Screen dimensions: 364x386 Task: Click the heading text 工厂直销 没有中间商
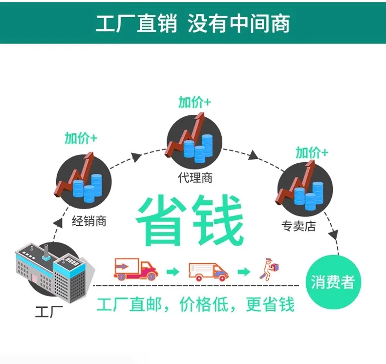pyautogui.click(x=193, y=23)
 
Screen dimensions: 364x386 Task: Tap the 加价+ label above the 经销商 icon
pyautogui.click(x=81, y=138)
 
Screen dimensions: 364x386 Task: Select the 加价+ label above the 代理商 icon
pyautogui.click(x=194, y=102)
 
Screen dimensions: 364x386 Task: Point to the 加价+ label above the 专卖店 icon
pyautogui.click(x=312, y=152)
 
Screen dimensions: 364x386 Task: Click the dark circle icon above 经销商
pyautogui.click(x=84, y=178)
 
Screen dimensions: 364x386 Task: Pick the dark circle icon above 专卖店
pyautogui.click(x=305, y=189)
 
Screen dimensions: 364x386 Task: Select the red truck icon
pyautogui.click(x=135, y=269)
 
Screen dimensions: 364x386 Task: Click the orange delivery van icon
pyautogui.click(x=208, y=271)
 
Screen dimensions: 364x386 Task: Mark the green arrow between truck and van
pyautogui.click(x=172, y=271)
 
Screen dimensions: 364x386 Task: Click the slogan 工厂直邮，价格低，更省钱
pyautogui.click(x=195, y=304)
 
